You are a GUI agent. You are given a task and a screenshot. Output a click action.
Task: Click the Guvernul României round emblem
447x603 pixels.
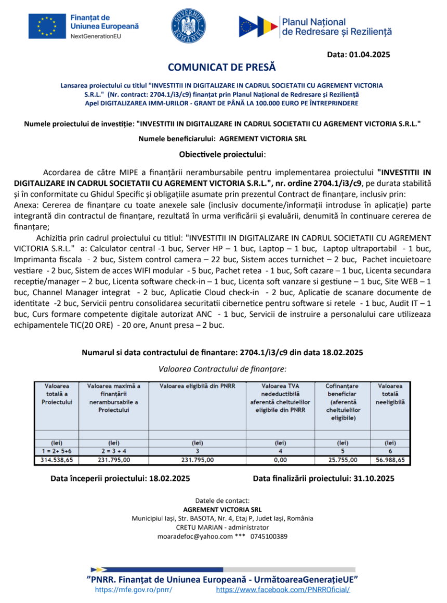click(189, 26)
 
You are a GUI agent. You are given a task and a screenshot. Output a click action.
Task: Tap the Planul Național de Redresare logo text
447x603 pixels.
click(336, 26)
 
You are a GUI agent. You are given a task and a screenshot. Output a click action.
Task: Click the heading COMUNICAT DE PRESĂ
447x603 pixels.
click(222, 68)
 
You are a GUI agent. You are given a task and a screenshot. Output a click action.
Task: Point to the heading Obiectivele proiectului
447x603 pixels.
click(222, 155)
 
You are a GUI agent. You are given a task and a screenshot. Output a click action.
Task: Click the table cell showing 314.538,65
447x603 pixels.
click(57, 460)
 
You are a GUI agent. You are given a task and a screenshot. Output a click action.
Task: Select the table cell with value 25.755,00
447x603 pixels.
click(342, 460)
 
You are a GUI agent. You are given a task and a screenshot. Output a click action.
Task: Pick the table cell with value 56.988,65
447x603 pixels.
click(390, 460)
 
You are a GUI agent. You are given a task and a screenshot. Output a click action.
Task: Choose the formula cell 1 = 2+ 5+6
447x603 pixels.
click(57, 451)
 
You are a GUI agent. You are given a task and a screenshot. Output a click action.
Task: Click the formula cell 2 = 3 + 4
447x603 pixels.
click(114, 451)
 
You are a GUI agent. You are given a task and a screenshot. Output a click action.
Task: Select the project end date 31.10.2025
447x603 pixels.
click(372, 478)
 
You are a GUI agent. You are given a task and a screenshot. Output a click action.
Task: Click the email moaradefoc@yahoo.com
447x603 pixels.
click(194, 537)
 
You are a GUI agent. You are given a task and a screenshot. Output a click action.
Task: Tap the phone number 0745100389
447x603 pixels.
click(269, 537)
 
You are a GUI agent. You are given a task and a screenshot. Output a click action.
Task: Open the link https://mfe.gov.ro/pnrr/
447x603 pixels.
click(134, 590)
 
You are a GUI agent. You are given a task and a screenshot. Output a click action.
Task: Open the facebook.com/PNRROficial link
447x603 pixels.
click(283, 590)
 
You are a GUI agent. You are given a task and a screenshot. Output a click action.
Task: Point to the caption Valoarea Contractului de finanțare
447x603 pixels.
click(222, 369)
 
